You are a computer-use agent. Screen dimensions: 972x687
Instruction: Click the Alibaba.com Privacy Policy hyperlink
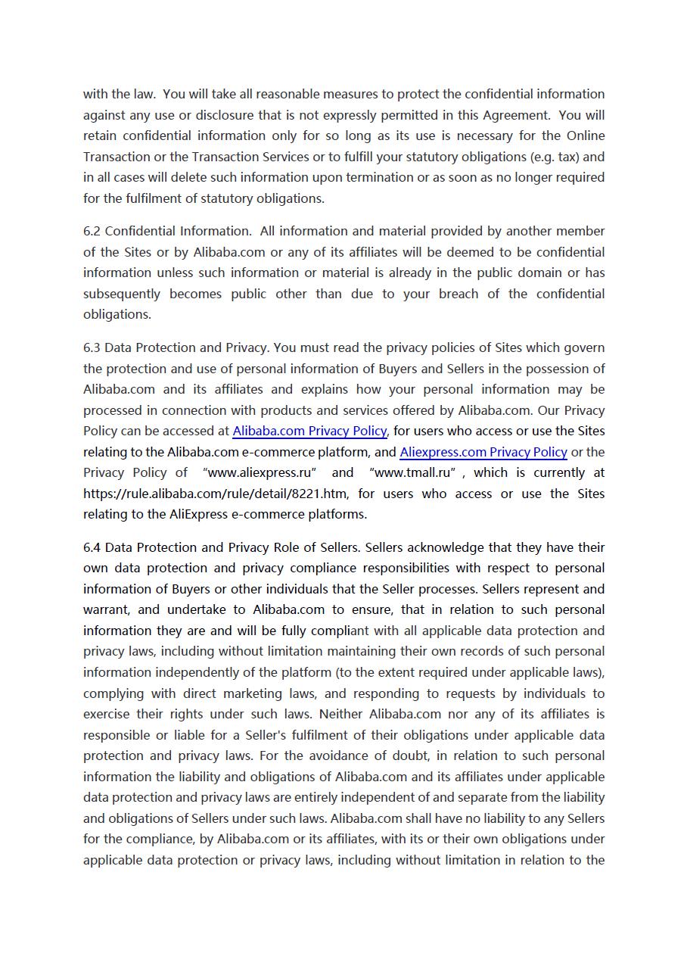tap(309, 431)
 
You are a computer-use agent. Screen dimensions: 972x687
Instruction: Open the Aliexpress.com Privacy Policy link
tap(483, 452)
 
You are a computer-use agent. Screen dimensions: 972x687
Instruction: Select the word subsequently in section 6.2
tap(122, 294)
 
